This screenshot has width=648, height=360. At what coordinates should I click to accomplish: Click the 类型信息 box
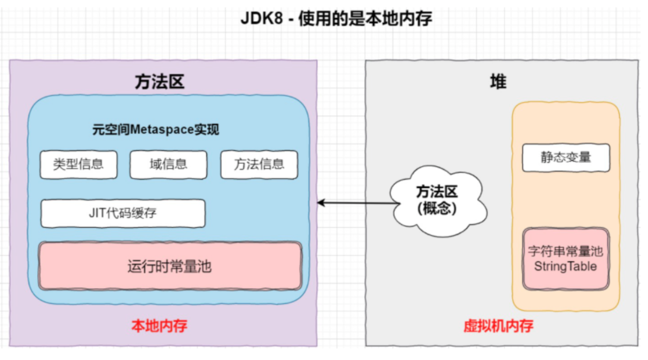[x=78, y=164]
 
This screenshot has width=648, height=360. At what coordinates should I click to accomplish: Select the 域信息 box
[x=168, y=164]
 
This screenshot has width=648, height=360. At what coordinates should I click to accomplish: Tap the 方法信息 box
[x=259, y=164]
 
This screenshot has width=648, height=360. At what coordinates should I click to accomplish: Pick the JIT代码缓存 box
[x=123, y=213]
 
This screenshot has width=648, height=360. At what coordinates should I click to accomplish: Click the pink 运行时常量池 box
[x=170, y=266]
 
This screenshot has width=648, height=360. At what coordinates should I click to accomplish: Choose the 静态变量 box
[x=566, y=157]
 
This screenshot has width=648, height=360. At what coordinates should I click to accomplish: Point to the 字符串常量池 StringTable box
[x=566, y=259]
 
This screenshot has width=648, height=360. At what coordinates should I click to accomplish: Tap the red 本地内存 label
[x=159, y=326]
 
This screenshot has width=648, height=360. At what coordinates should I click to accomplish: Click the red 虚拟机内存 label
[x=498, y=326]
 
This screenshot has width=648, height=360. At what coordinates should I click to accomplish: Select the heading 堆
[x=498, y=82]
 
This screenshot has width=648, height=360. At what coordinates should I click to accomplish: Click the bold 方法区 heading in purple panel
[x=160, y=82]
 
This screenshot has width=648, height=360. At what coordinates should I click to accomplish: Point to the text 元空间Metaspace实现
[x=156, y=130]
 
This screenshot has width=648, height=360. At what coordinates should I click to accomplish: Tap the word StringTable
[x=566, y=267]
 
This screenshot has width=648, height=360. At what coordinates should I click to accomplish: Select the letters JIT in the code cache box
[x=97, y=213]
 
